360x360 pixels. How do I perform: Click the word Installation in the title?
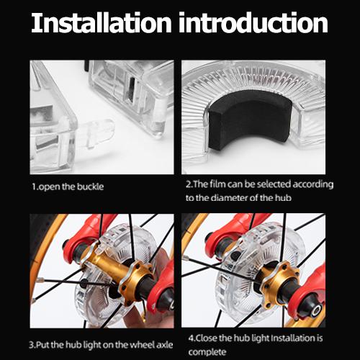tap(102, 22)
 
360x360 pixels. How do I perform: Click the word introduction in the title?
tap(253, 22)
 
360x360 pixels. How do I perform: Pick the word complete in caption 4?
tap(207, 352)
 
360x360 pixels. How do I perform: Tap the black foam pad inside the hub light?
tap(250, 120)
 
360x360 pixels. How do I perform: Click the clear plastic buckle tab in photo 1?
tap(96, 133)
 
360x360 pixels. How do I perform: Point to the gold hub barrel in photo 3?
tap(113, 265)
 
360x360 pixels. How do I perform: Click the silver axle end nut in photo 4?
tap(317, 310)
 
